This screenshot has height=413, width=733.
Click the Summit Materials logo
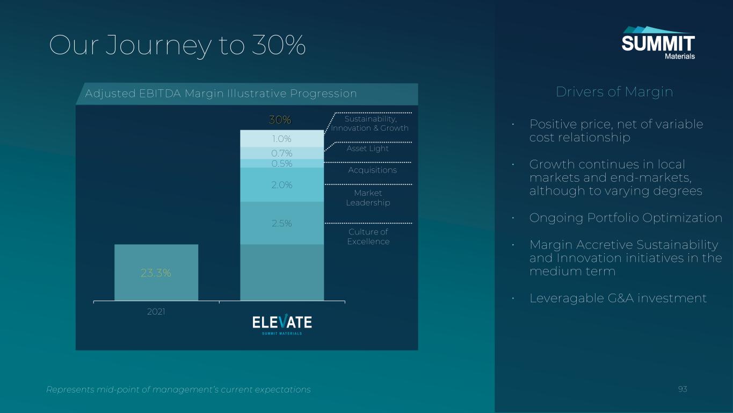point(658,43)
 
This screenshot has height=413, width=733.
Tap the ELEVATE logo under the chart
point(282,324)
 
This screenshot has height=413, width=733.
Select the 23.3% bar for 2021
point(156,273)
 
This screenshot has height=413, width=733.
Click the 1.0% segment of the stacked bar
point(282,139)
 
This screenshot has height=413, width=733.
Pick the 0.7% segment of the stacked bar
point(282,153)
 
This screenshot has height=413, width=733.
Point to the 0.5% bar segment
point(282,163)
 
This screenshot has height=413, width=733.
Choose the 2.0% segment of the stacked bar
point(282,185)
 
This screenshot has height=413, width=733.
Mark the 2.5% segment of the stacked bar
point(282,223)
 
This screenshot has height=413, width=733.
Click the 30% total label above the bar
point(280,120)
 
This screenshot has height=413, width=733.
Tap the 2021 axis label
point(156,311)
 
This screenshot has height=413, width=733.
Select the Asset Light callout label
point(367,148)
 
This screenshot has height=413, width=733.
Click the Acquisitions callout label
point(372,170)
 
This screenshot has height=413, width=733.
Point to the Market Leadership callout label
point(368,198)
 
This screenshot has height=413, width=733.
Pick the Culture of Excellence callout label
point(368,237)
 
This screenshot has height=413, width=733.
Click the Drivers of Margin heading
point(614,92)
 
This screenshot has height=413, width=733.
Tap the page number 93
point(683,389)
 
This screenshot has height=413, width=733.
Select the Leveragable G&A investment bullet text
point(618,298)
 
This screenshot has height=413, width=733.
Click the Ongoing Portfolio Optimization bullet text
point(626,218)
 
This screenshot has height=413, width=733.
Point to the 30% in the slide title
point(279,45)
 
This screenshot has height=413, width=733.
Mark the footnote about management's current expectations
point(178,389)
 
